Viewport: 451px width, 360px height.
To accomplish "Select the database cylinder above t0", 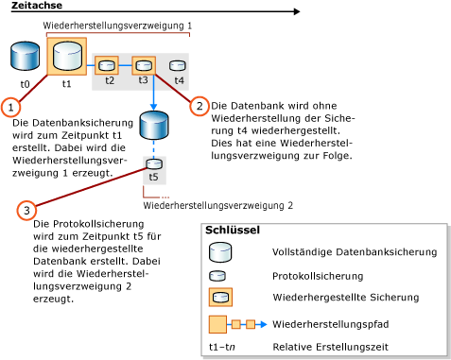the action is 26,58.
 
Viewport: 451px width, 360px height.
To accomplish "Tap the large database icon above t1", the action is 66,55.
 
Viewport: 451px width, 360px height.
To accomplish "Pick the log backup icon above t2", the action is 108,65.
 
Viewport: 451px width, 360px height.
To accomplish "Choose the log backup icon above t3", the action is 143,65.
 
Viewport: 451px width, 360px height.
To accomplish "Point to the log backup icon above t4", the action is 178,65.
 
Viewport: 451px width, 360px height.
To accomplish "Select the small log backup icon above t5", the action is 153,163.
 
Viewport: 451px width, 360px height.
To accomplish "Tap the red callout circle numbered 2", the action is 199,106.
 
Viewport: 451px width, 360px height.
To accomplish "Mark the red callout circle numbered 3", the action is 29,209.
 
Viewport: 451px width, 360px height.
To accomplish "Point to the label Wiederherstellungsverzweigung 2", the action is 218,204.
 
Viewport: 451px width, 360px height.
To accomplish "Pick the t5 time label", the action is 153,177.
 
